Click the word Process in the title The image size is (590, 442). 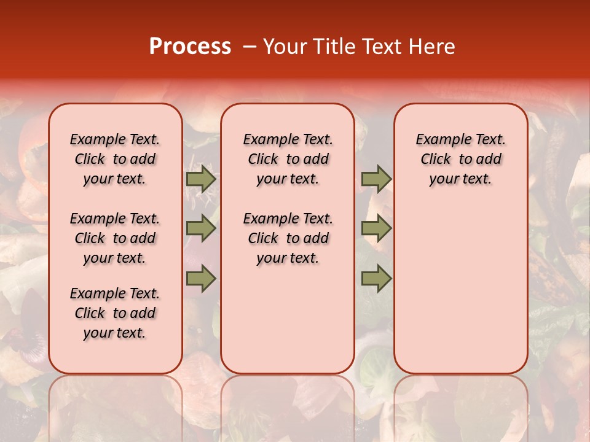(x=189, y=47)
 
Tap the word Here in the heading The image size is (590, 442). (x=432, y=47)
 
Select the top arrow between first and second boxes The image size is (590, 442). (x=201, y=179)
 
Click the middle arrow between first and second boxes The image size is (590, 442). (x=201, y=228)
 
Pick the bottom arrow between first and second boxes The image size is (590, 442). (x=201, y=279)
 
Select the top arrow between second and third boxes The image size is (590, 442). (x=376, y=179)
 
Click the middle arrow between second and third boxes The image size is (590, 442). (x=376, y=228)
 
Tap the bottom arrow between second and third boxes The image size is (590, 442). (x=376, y=279)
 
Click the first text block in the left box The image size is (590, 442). (x=115, y=159)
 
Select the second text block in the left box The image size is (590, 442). (x=115, y=238)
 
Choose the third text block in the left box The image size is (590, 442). (x=115, y=313)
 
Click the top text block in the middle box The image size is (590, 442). (x=288, y=159)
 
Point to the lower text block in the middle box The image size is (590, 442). (x=288, y=238)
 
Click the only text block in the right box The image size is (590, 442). (x=460, y=159)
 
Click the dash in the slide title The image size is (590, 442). (x=250, y=47)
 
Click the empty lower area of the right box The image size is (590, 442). (x=460, y=289)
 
